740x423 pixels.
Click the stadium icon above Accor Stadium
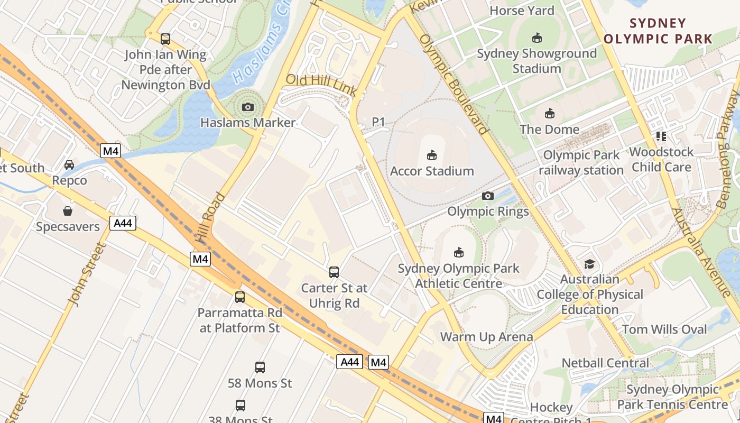[432, 155]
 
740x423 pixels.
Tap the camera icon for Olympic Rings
[488, 196]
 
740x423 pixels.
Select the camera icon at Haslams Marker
[247, 107]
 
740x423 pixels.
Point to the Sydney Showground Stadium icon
[536, 38]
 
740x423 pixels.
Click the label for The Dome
[549, 130]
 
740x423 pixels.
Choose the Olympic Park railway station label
[581, 163]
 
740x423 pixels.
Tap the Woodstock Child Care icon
[661, 136]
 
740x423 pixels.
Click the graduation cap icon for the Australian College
[589, 264]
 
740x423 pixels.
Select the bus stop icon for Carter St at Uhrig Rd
[334, 272]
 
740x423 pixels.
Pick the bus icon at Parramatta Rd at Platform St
[240, 297]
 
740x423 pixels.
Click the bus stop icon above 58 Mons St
[260, 367]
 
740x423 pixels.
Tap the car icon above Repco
[69, 165]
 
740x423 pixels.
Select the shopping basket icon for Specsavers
[68, 212]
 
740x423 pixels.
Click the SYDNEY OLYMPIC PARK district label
[658, 31]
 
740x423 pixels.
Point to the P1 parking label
[378, 122]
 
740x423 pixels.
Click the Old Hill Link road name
[321, 86]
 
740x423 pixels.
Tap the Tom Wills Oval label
[664, 330]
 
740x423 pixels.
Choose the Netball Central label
[605, 363]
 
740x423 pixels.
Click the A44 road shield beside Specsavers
[123, 223]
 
